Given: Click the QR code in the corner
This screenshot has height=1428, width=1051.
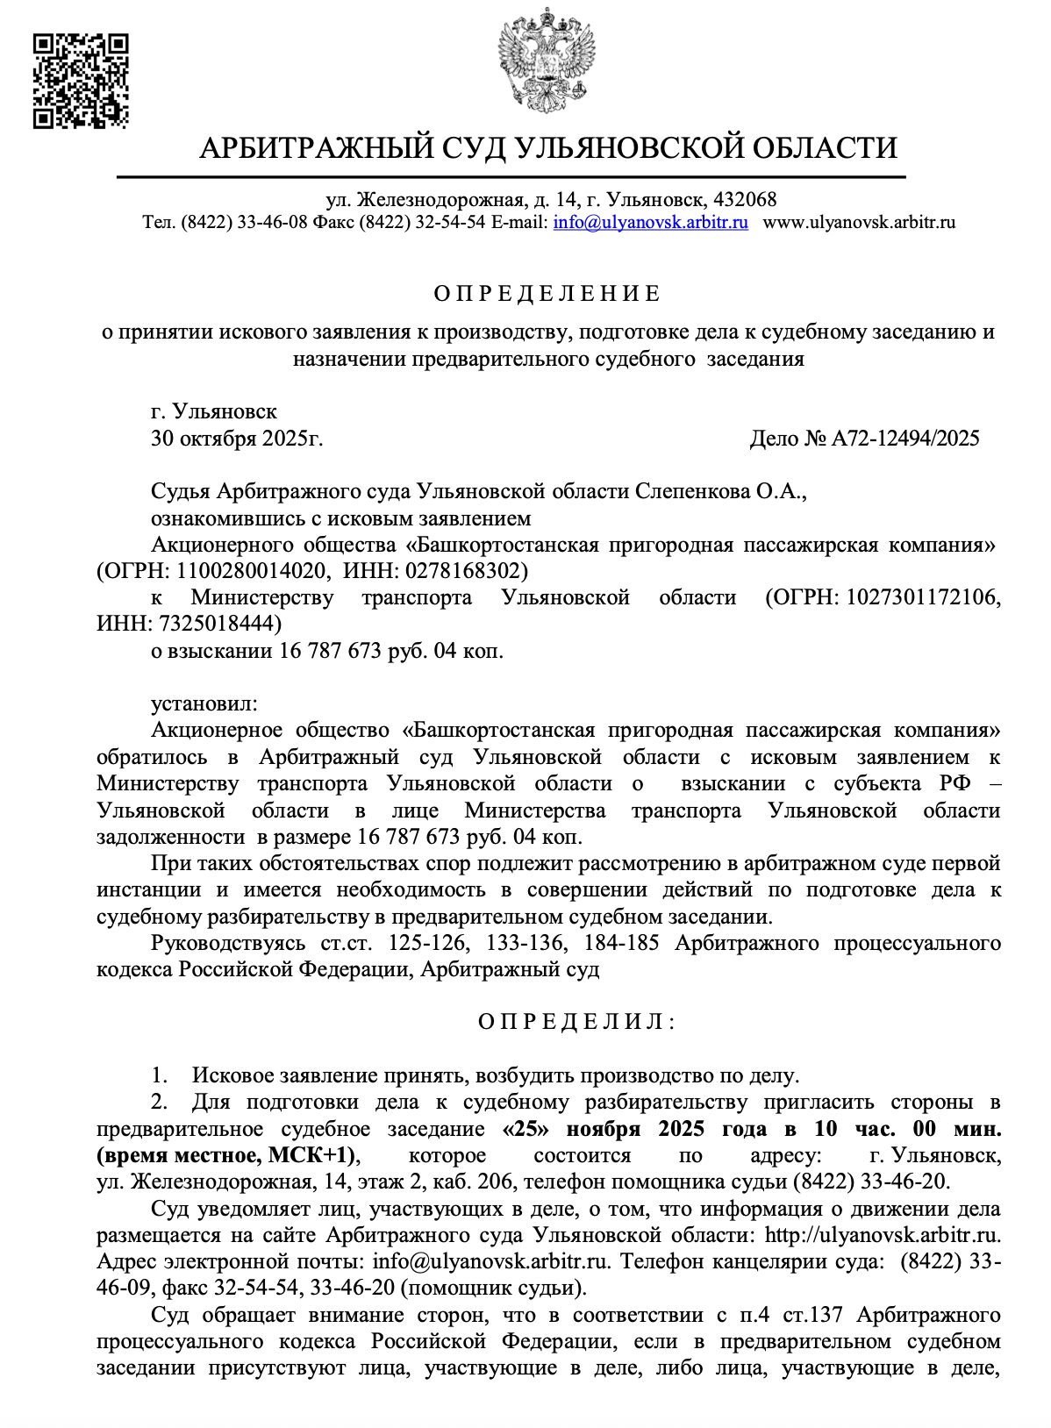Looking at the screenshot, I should point(81,81).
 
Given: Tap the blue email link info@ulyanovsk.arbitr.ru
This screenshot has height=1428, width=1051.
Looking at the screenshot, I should point(650,222).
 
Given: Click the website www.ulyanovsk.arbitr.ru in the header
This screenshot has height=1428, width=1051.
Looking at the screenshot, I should point(859,222).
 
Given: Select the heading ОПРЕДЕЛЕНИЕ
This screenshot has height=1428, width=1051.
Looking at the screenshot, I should point(547,293).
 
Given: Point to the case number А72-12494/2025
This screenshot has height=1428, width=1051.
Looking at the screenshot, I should point(904,439).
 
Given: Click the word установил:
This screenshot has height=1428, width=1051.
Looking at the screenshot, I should point(204,703).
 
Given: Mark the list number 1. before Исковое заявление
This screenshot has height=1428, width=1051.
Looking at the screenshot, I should point(160,1075).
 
